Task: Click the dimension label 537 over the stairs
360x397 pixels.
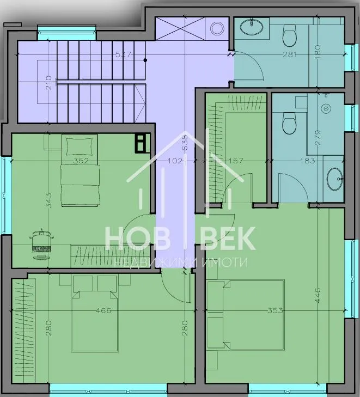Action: click(x=123, y=54)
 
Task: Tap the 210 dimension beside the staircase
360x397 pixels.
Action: click(x=49, y=83)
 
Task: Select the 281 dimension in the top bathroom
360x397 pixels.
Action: click(x=289, y=54)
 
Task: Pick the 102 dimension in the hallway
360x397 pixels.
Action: click(x=175, y=161)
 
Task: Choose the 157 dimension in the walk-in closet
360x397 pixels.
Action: click(x=236, y=161)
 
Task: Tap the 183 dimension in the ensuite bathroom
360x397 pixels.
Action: click(x=308, y=161)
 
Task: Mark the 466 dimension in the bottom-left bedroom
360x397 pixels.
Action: click(x=103, y=310)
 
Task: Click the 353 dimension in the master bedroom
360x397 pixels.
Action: click(x=275, y=310)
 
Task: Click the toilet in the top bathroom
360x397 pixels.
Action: click(x=289, y=35)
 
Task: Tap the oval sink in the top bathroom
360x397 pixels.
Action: click(x=252, y=27)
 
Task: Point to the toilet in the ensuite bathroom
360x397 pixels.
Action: click(x=289, y=123)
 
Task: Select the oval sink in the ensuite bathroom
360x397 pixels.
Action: click(x=335, y=179)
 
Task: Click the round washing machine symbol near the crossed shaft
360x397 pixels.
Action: click(x=217, y=28)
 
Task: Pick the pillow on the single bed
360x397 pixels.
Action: click(x=80, y=146)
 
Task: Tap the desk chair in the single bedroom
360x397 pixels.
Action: click(x=42, y=244)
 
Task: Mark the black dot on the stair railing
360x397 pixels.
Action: click(x=145, y=60)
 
